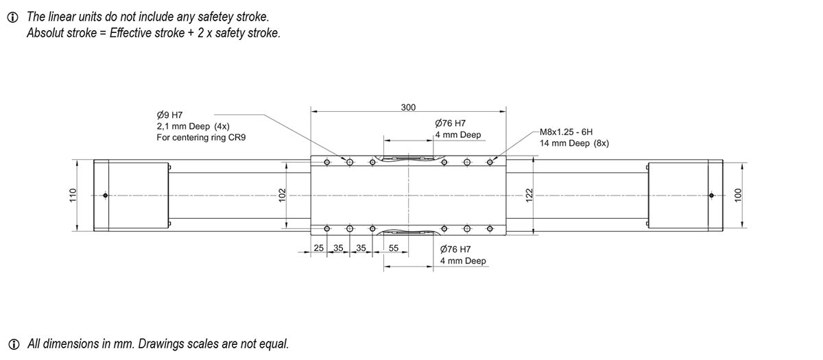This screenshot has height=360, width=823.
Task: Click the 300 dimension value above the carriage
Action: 408,108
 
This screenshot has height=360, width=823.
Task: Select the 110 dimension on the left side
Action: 72,195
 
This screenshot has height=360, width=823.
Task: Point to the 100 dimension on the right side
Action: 738,195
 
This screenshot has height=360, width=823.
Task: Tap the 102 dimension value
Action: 281,195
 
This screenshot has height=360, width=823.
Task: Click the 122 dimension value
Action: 528,195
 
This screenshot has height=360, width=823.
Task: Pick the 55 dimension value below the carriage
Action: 394,248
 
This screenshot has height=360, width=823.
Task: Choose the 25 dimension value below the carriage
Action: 319,248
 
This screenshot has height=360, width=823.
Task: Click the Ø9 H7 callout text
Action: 169,115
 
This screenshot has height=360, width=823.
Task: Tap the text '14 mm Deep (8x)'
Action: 575,143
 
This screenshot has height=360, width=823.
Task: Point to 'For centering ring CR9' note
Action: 201,137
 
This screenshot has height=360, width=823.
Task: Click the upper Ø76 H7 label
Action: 451,123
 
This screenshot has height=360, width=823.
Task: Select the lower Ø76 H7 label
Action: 455,249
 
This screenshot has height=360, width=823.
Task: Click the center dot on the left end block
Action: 105,195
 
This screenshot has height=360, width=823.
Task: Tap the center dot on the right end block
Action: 711,195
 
